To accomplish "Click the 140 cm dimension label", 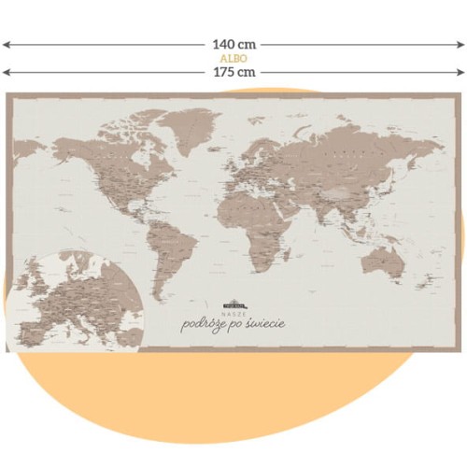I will point(233,44).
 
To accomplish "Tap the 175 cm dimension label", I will point(233,71).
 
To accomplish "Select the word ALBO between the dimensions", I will point(233,58).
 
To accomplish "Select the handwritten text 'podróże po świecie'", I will point(233,324).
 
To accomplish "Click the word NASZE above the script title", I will point(233,313).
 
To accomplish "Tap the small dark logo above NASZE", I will point(233,304).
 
